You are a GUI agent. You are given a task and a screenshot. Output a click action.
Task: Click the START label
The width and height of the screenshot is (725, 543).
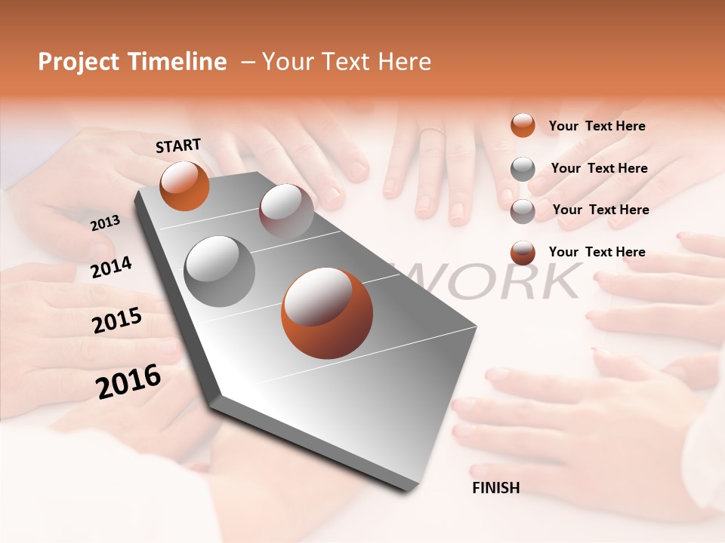click(178, 146)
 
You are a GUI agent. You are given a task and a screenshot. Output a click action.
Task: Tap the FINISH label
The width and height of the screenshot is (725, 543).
click(495, 488)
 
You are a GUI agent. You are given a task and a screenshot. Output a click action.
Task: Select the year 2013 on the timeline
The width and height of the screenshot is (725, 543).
click(106, 222)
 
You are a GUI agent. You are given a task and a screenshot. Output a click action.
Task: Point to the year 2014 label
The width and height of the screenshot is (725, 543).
click(112, 267)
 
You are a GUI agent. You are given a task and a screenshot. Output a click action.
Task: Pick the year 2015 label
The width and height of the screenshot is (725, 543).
click(117, 321)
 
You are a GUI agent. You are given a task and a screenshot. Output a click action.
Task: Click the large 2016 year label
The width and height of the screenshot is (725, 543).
click(128, 382)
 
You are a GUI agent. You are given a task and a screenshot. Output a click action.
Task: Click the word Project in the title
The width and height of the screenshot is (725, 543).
click(79, 62)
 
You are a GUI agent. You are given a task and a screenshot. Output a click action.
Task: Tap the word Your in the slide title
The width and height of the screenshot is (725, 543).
click(287, 62)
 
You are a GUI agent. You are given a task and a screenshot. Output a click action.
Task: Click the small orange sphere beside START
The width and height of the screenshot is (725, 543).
click(184, 186)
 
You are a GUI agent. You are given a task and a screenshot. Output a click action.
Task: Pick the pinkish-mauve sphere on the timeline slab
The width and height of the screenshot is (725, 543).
click(286, 210)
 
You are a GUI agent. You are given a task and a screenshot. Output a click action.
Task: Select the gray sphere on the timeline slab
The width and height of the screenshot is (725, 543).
click(219, 271)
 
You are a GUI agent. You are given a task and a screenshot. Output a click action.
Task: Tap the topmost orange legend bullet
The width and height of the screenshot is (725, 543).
click(523, 125)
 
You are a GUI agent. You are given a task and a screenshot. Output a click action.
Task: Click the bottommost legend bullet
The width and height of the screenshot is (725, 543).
click(523, 253)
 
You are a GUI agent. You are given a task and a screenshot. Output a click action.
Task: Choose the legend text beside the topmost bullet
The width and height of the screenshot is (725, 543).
click(597, 126)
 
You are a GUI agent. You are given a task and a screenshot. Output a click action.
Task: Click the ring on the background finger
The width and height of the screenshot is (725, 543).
click(432, 132)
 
